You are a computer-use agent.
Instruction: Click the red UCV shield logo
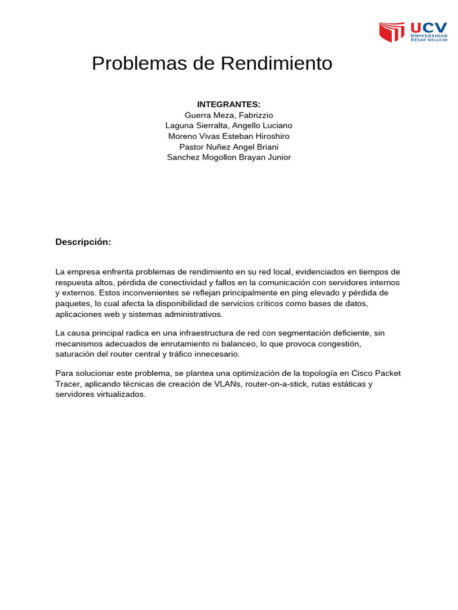pos(392,32)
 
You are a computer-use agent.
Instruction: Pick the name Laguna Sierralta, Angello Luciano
pos(229,126)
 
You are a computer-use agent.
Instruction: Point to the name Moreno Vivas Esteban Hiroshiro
pos(229,136)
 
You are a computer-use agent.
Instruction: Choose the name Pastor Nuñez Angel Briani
pos(229,147)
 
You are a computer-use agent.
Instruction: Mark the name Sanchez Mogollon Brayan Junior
pos(229,158)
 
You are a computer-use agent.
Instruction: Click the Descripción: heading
pos(83,242)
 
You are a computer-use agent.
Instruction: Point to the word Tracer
pos(68,384)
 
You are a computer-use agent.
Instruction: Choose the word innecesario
pos(215,354)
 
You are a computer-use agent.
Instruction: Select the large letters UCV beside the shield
pos(428,27)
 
